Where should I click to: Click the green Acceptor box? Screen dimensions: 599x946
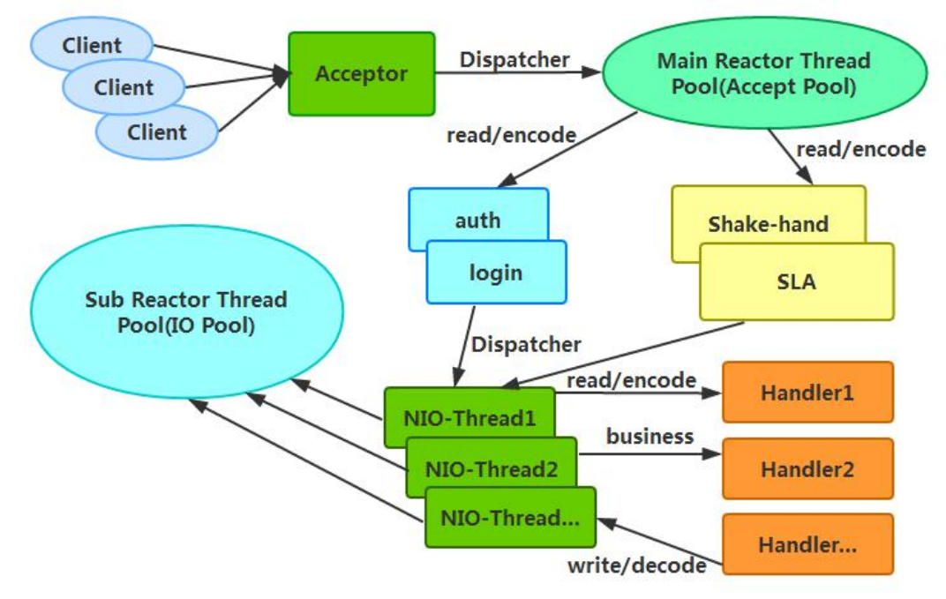click(x=362, y=73)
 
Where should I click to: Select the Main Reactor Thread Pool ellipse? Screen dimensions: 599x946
click(x=764, y=73)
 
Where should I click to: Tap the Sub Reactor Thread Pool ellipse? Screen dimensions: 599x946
click(x=186, y=312)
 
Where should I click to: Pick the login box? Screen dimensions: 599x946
click(x=496, y=273)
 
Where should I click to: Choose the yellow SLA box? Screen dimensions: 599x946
click(x=797, y=282)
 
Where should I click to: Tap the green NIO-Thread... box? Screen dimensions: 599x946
click(x=510, y=518)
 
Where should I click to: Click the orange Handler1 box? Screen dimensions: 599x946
click(x=807, y=392)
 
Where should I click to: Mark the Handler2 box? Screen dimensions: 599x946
click(x=807, y=468)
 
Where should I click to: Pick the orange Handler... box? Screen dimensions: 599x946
click(x=807, y=544)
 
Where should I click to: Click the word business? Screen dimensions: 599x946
click(x=649, y=436)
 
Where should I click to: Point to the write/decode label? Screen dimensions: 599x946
click(x=636, y=565)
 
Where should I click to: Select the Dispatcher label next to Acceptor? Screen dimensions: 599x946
click(x=514, y=60)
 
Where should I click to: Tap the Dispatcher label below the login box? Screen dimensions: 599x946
click(x=526, y=344)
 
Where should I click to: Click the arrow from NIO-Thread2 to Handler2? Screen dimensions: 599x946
click(x=649, y=455)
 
